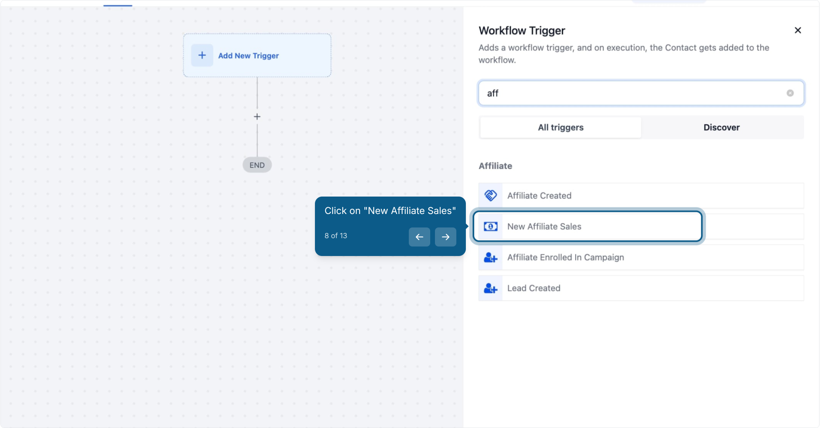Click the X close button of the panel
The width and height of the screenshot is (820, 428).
[798, 30]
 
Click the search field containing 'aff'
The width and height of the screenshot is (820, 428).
[641, 93]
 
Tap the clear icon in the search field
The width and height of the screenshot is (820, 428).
[790, 93]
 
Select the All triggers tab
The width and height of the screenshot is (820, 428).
[561, 127]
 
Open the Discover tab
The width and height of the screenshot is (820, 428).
[721, 127]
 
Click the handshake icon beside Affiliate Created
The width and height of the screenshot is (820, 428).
[490, 195]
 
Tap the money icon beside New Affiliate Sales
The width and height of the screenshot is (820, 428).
[490, 226]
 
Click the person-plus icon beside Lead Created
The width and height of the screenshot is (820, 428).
[490, 288]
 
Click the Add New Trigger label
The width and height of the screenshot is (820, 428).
[248, 56]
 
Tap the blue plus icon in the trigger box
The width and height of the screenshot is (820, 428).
[202, 55]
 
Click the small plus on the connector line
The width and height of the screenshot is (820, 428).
[257, 117]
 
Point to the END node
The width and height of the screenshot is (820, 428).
[257, 165]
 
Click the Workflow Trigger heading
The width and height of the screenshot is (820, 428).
[522, 31]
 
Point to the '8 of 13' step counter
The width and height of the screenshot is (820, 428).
[336, 236]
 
